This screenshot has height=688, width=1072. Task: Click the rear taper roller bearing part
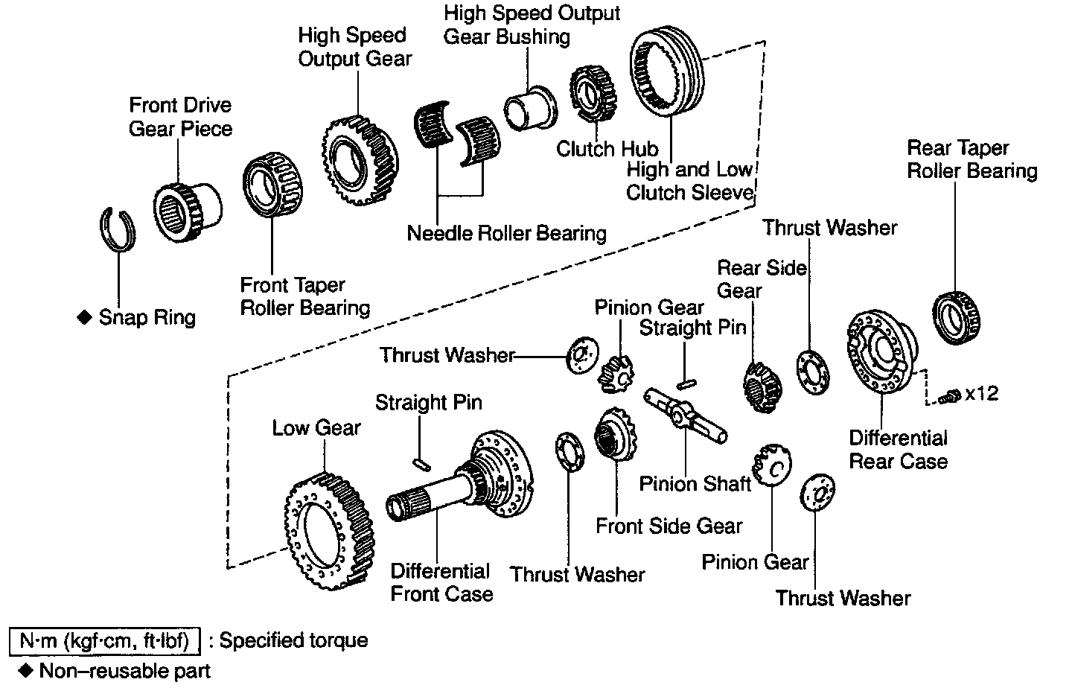pos(957,316)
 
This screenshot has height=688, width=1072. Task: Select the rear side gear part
pos(762,386)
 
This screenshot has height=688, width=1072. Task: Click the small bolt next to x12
pos(949,397)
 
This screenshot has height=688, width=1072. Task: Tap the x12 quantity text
pos(981,394)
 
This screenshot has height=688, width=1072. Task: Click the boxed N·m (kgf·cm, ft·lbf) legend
pos(103,640)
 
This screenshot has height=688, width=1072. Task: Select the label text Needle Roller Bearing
pos(506,233)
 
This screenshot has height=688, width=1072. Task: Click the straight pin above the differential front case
pos(421,463)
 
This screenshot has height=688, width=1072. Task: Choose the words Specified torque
pos(293,640)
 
